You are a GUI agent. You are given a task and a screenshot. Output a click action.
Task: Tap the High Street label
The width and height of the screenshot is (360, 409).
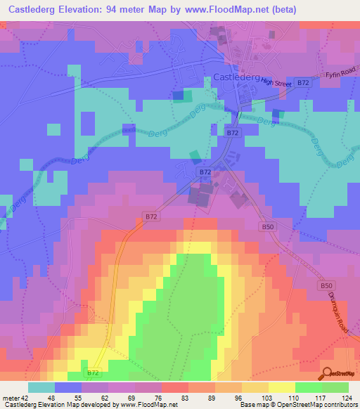pos(276,83)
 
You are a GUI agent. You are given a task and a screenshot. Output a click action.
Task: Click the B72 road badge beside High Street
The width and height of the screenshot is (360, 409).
pos(302,83)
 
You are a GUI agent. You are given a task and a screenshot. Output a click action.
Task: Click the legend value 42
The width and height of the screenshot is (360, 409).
pos(26,398)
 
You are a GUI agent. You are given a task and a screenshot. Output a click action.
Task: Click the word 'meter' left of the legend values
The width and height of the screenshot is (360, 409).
pos(10,398)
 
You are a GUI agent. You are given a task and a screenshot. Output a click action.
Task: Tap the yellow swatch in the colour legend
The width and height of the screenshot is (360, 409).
pos(281,387)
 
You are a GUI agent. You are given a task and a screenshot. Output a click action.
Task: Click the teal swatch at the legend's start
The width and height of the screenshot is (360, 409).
pos(41,387)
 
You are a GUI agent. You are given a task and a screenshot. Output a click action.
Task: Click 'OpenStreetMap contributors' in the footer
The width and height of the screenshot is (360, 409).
pos(316,405)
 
